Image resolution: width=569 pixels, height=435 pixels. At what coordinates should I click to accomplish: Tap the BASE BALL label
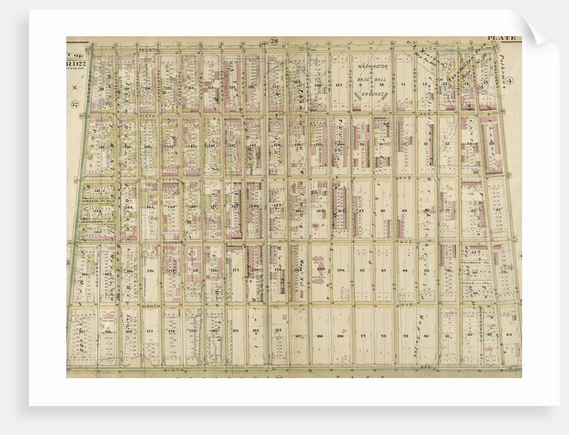[x=372, y=79]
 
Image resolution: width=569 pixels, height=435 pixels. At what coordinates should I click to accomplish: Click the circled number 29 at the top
[x=274, y=41]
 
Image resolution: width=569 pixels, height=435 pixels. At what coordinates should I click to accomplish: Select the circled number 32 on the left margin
[x=74, y=104]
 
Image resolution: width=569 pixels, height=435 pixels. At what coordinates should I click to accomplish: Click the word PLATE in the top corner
[x=501, y=39]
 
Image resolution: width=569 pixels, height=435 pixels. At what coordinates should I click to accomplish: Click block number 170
[x=150, y=271]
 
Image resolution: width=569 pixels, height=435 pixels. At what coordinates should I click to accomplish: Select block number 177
[x=236, y=271]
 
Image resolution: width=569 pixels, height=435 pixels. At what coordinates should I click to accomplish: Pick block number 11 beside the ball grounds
[x=403, y=84]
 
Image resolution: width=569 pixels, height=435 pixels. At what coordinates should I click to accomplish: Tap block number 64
[x=405, y=270]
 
